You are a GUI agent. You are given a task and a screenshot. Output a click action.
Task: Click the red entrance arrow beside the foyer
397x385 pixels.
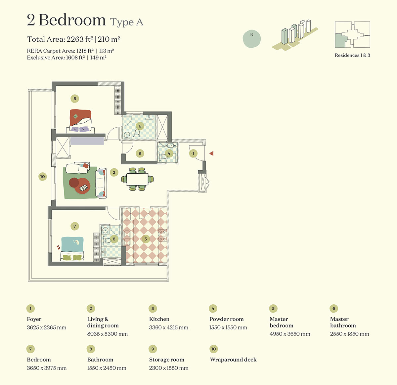coord(211,153)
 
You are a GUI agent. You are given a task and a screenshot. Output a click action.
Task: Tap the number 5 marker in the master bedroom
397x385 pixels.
coord(75,99)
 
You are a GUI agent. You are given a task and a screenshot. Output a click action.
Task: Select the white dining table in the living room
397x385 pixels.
coord(137,179)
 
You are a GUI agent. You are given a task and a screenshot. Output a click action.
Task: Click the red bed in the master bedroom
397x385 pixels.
coord(80,120)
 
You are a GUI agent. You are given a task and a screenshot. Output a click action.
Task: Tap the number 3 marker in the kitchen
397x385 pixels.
coord(146,239)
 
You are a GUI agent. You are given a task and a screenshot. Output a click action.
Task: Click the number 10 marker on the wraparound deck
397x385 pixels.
coord(42,177)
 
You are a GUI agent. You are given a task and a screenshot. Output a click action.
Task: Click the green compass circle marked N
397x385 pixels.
coord(252,39)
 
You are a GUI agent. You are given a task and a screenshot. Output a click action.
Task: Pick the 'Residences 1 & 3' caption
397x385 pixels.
coord(352,55)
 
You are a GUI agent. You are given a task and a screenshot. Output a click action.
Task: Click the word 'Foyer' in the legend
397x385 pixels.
coord(34,319)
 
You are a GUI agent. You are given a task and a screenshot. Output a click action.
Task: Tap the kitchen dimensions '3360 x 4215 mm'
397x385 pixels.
coord(168,327)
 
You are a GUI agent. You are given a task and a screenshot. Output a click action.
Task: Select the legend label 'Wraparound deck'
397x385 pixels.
coord(233,360)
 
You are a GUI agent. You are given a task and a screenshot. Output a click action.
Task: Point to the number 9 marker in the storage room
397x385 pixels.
coord(140,153)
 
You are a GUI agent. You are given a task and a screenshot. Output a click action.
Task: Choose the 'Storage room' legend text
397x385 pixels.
coord(166,360)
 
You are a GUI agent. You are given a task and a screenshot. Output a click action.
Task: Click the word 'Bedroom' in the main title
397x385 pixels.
coord(72,20)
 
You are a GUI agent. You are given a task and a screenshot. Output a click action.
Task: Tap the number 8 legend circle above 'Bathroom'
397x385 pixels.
coord(91,349)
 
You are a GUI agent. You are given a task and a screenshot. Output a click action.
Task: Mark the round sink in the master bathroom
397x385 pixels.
coord(127,135)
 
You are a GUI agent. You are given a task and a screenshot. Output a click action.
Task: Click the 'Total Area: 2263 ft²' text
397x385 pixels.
coord(60,39)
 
